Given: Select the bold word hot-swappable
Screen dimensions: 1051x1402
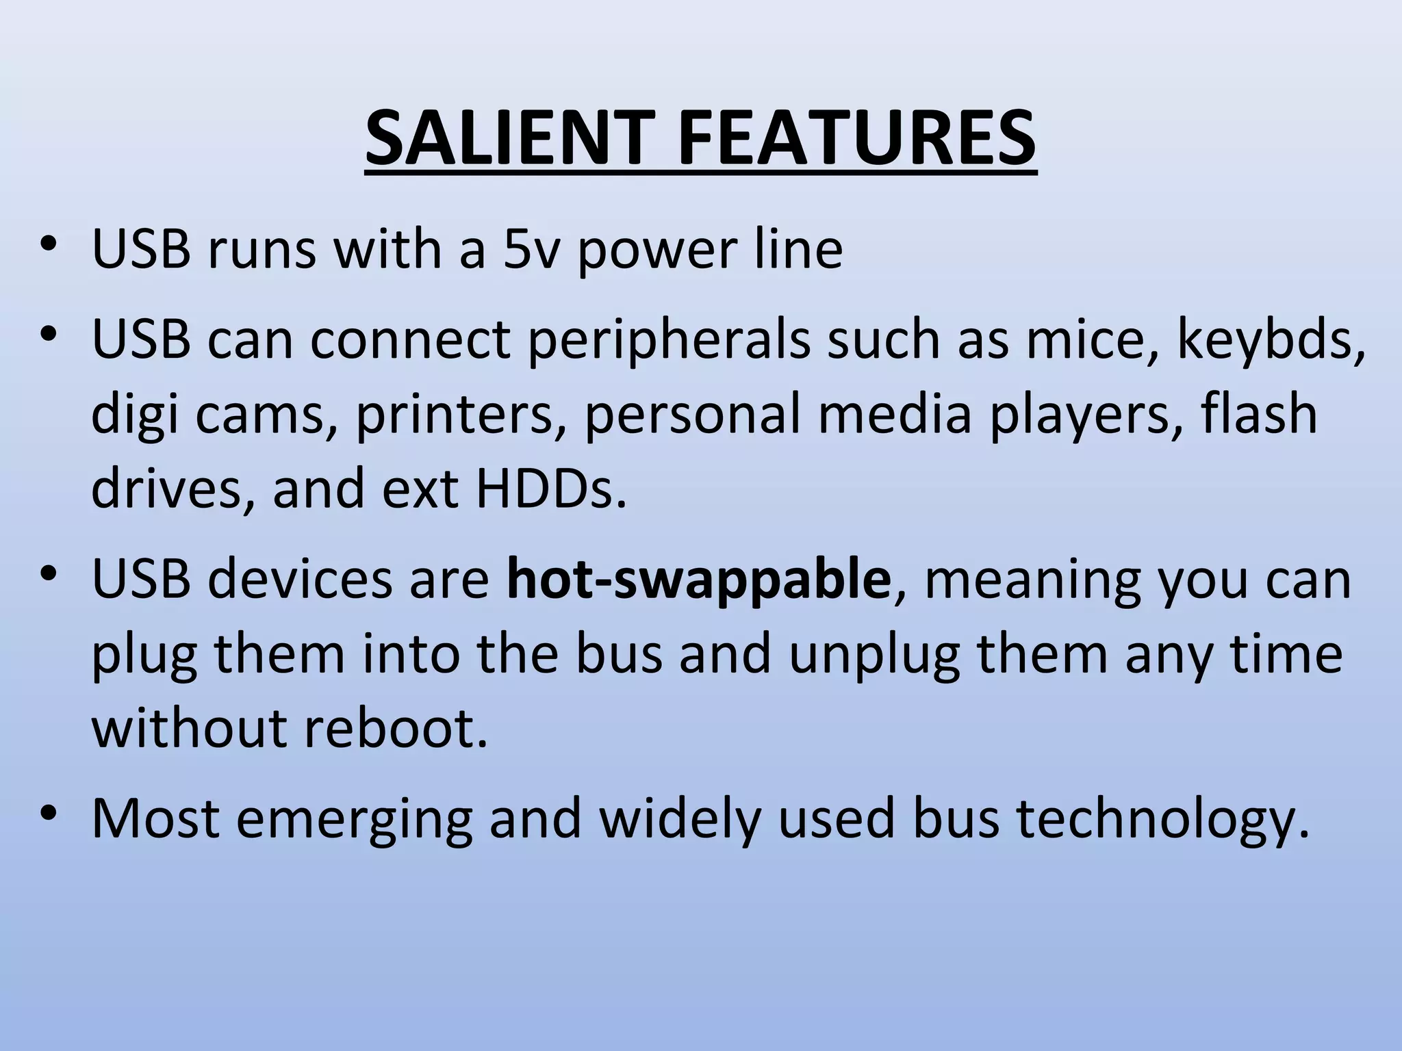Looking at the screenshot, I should pyautogui.click(x=699, y=579).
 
